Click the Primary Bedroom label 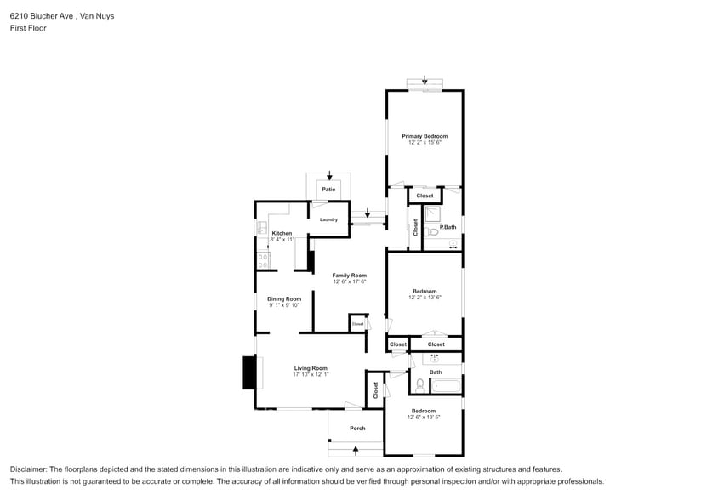click(425, 136)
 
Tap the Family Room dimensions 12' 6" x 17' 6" click(349, 282)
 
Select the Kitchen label click(282, 233)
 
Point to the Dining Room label click(284, 298)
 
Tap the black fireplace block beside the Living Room click(249, 372)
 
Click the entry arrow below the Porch click(356, 449)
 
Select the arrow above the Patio click(329, 175)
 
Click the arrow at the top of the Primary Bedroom click(425, 80)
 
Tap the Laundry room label click(328, 219)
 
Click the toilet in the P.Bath click(432, 230)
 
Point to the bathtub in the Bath click(446, 386)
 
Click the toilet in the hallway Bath click(419, 385)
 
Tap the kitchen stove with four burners click(261, 259)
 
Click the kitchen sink click(261, 228)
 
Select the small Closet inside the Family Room click(357, 323)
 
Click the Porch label click(357, 428)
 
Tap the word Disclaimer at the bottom click(31, 469)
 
